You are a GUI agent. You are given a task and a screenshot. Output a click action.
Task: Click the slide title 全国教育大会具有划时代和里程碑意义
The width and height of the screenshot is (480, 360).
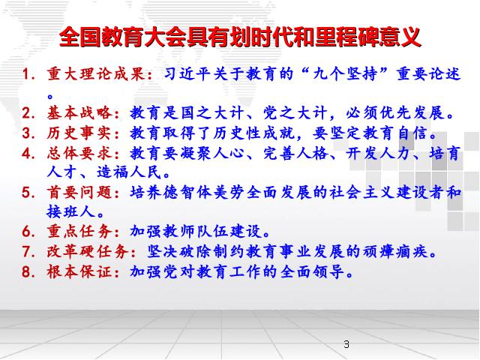240,37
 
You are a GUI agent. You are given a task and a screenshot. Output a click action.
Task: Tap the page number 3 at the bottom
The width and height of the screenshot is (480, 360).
346,344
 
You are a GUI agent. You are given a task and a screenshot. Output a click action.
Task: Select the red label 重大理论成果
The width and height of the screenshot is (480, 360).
95,73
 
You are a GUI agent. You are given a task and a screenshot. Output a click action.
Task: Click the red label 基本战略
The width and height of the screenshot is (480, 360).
79,112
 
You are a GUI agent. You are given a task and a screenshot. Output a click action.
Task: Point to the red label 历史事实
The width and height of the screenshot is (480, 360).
79,133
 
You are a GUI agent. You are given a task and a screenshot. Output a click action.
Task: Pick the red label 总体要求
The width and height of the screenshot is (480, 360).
79,153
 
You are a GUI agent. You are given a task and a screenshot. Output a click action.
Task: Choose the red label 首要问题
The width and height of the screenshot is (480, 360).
79,192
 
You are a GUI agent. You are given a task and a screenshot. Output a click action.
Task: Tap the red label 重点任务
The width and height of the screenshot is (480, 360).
79,231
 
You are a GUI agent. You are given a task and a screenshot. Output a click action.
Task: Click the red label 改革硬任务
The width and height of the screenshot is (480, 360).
87,251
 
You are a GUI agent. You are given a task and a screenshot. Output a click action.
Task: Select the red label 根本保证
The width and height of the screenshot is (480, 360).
79,271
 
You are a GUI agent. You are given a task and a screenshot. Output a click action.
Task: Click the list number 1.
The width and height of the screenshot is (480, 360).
28,74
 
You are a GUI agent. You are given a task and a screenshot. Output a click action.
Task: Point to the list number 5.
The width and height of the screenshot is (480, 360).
28,193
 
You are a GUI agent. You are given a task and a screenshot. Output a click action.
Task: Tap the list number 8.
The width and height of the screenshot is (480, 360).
28,272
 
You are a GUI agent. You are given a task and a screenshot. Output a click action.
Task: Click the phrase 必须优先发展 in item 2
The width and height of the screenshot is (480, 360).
395,112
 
